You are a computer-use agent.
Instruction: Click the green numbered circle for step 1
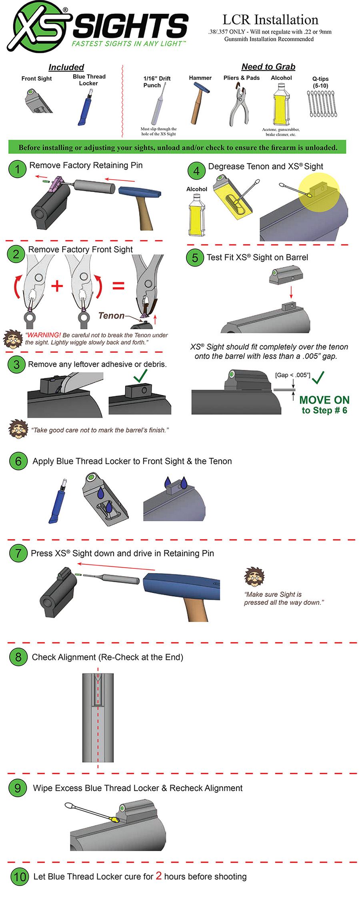point(17,169)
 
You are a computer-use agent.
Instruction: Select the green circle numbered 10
point(19,876)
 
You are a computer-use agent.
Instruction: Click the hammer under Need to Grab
point(198,103)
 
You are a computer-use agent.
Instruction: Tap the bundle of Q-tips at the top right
point(322,104)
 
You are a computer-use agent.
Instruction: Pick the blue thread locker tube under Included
point(86,107)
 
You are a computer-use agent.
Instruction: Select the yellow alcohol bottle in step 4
point(196,215)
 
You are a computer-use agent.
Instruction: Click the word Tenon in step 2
point(111,316)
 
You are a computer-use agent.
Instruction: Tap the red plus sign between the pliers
point(57,286)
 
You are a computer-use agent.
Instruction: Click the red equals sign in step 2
point(118,286)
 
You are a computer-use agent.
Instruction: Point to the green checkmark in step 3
point(140,376)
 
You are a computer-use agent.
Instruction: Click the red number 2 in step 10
point(158,876)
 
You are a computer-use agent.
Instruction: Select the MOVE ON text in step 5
point(324,400)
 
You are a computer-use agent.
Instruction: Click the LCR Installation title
point(270,20)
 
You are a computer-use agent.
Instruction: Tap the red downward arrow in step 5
point(291,291)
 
